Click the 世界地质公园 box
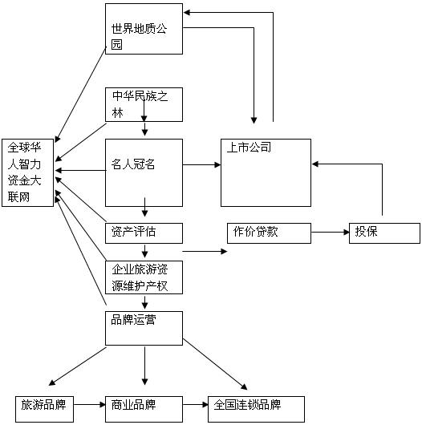[x=144, y=29]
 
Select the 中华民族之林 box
[x=144, y=104]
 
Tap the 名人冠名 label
[x=133, y=164]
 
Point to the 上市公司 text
[x=249, y=148]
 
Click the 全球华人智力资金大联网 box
[x=27, y=172]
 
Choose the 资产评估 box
[x=144, y=233]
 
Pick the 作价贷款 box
[x=269, y=233]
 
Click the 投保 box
[x=384, y=233]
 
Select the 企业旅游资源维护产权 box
[x=144, y=277]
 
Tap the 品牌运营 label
[x=133, y=320]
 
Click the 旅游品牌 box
[x=44, y=409]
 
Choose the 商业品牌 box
[x=144, y=409]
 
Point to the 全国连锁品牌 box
[x=256, y=409]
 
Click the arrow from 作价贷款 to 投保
[x=331, y=232]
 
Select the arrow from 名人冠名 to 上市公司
[x=201, y=164]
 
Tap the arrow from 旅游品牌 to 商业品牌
[x=90, y=404]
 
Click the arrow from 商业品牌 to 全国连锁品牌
[x=196, y=404]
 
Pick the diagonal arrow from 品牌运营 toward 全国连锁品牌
[x=215, y=364]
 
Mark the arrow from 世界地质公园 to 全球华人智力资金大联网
[x=80, y=95]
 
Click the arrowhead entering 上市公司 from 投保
[x=315, y=164]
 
